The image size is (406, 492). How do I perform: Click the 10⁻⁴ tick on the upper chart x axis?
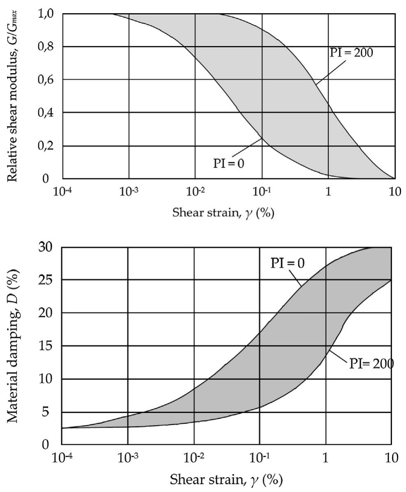[63, 192]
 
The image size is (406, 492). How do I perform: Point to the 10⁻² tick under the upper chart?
[195, 192]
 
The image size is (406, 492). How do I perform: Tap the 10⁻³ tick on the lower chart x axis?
[128, 458]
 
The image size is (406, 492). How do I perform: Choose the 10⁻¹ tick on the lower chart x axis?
[260, 458]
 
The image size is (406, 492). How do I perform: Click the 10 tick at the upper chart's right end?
[394, 192]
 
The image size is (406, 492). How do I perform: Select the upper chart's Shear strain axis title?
[228, 213]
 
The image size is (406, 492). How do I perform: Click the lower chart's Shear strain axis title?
[227, 479]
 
